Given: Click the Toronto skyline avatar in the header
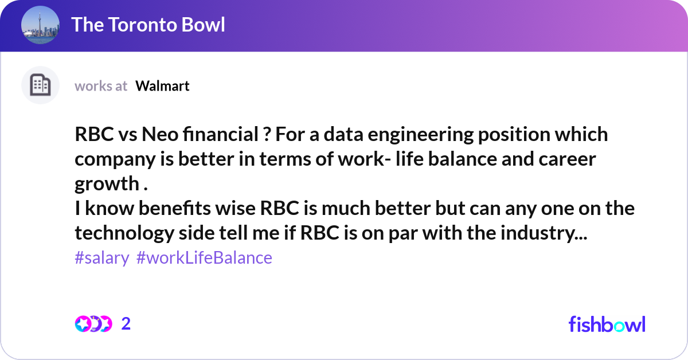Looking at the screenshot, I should click(40, 25).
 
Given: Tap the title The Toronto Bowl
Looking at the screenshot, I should click(148, 25).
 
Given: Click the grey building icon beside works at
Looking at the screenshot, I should click(40, 85).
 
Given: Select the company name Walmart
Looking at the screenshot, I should click(162, 86).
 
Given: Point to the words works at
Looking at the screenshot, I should click(101, 86).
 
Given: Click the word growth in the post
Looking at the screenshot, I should click(105, 184).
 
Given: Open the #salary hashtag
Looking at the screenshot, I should click(102, 258).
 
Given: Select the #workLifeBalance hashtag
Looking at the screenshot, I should click(204, 258).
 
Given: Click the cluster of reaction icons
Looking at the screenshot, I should click(93, 324).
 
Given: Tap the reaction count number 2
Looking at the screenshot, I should click(126, 324).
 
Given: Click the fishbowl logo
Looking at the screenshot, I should click(607, 324).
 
